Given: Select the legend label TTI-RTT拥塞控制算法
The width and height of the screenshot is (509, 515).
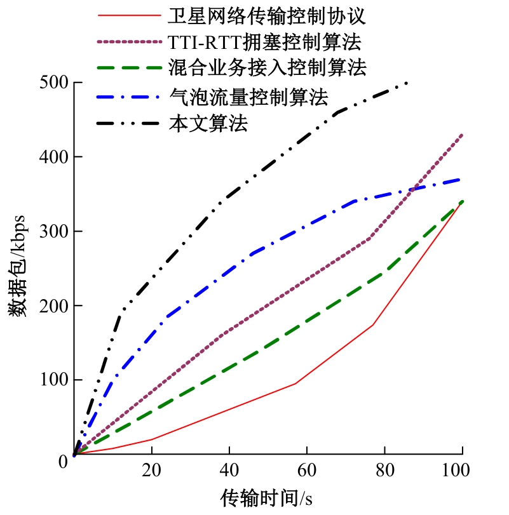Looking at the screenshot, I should coord(265,43).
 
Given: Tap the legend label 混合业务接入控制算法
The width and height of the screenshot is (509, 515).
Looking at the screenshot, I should coord(268,66).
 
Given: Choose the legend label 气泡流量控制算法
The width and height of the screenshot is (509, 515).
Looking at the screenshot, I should coord(249,97).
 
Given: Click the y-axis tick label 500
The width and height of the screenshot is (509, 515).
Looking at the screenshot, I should coord(54,83).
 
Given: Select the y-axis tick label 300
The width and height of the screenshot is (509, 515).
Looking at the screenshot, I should coord(54,232).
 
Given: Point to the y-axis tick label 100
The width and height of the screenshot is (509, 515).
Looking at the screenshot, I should coord(54,380).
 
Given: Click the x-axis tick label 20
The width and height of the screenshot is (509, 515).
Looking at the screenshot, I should coord(151,471).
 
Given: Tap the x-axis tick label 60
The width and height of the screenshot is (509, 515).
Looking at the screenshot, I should coord(307,471).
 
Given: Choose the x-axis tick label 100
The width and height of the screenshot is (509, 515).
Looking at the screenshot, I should coord(462,471).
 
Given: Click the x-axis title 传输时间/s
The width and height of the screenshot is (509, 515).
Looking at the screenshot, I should coord(266,497).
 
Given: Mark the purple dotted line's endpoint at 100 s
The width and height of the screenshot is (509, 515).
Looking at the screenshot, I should coord(462,135).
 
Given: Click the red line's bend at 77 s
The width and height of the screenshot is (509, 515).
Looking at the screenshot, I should coord(372,324).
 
